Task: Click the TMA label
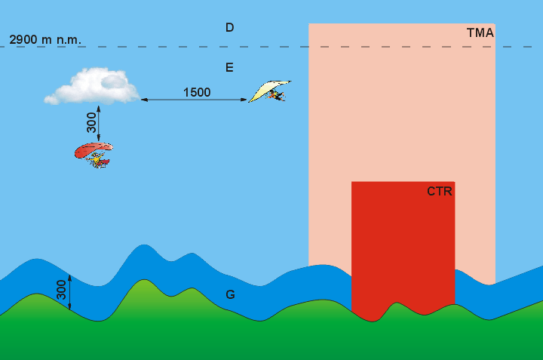[x=480, y=32]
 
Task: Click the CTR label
[x=439, y=191]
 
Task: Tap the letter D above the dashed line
[x=229, y=28]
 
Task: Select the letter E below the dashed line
[x=229, y=68]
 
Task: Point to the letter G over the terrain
[x=230, y=294]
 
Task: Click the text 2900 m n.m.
[x=45, y=38]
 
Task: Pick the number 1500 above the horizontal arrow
[x=197, y=92]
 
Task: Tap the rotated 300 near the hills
[x=61, y=289]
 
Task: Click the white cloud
[x=92, y=86]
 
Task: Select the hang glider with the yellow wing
[x=268, y=90]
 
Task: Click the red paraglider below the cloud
[x=93, y=149]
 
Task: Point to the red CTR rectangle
[x=403, y=249]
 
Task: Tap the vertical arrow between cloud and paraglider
[x=99, y=123]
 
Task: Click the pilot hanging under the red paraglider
[x=97, y=160]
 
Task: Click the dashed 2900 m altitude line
[x=189, y=47]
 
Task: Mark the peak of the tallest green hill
[x=142, y=281]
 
